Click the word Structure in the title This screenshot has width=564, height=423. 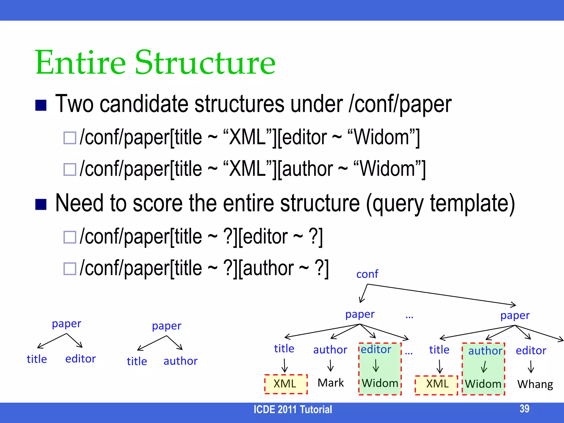pos(205,63)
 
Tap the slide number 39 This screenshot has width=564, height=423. pos(524,409)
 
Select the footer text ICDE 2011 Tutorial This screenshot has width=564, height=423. pos(293,410)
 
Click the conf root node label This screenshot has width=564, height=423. pos(367,274)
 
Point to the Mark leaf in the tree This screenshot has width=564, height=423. pos(330,383)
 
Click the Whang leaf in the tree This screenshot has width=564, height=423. pos(535,384)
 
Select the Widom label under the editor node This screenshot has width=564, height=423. pos(380,383)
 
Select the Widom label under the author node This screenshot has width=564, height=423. pos(483,384)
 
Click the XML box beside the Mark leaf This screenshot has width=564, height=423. pos(285,384)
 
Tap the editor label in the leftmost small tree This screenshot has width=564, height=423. pos(80,359)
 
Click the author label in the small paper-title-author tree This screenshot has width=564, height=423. pos(180,361)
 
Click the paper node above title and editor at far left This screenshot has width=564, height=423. pos(66,324)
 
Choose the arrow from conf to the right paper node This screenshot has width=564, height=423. pos(441,294)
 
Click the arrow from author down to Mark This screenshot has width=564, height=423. pos(330,366)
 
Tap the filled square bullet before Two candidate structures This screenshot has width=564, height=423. pos(41,105)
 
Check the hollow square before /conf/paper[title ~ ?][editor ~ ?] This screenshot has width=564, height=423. pos(70,237)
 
